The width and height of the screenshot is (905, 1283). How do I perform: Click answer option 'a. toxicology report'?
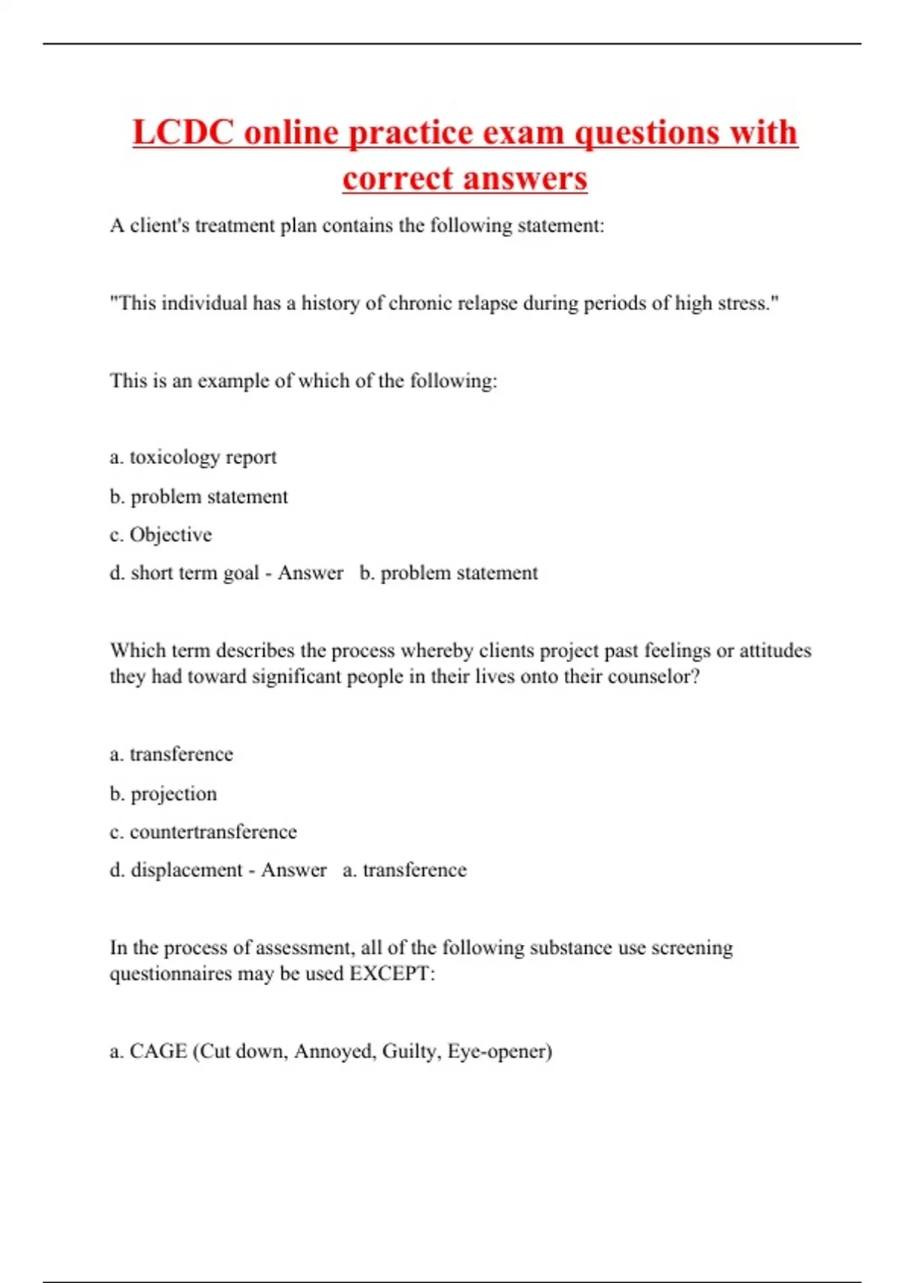click(x=193, y=457)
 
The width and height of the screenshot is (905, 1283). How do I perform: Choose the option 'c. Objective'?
click(x=161, y=535)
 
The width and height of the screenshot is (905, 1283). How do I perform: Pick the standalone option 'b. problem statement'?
click(x=198, y=497)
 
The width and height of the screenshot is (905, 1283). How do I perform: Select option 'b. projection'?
click(x=163, y=794)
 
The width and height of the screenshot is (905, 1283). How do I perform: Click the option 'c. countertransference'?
click(x=203, y=832)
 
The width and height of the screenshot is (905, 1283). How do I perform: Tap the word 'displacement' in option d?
click(x=186, y=870)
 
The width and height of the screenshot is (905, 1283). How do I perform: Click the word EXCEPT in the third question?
click(x=391, y=974)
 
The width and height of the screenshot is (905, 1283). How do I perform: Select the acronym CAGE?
click(x=158, y=1051)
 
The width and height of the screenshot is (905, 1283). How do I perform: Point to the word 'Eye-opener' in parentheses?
click(x=499, y=1051)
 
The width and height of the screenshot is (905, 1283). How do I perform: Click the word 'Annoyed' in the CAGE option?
click(x=334, y=1051)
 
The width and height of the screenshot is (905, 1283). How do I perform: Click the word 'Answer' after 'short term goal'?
click(x=310, y=574)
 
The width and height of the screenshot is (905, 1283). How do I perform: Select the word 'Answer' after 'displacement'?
click(x=293, y=870)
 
